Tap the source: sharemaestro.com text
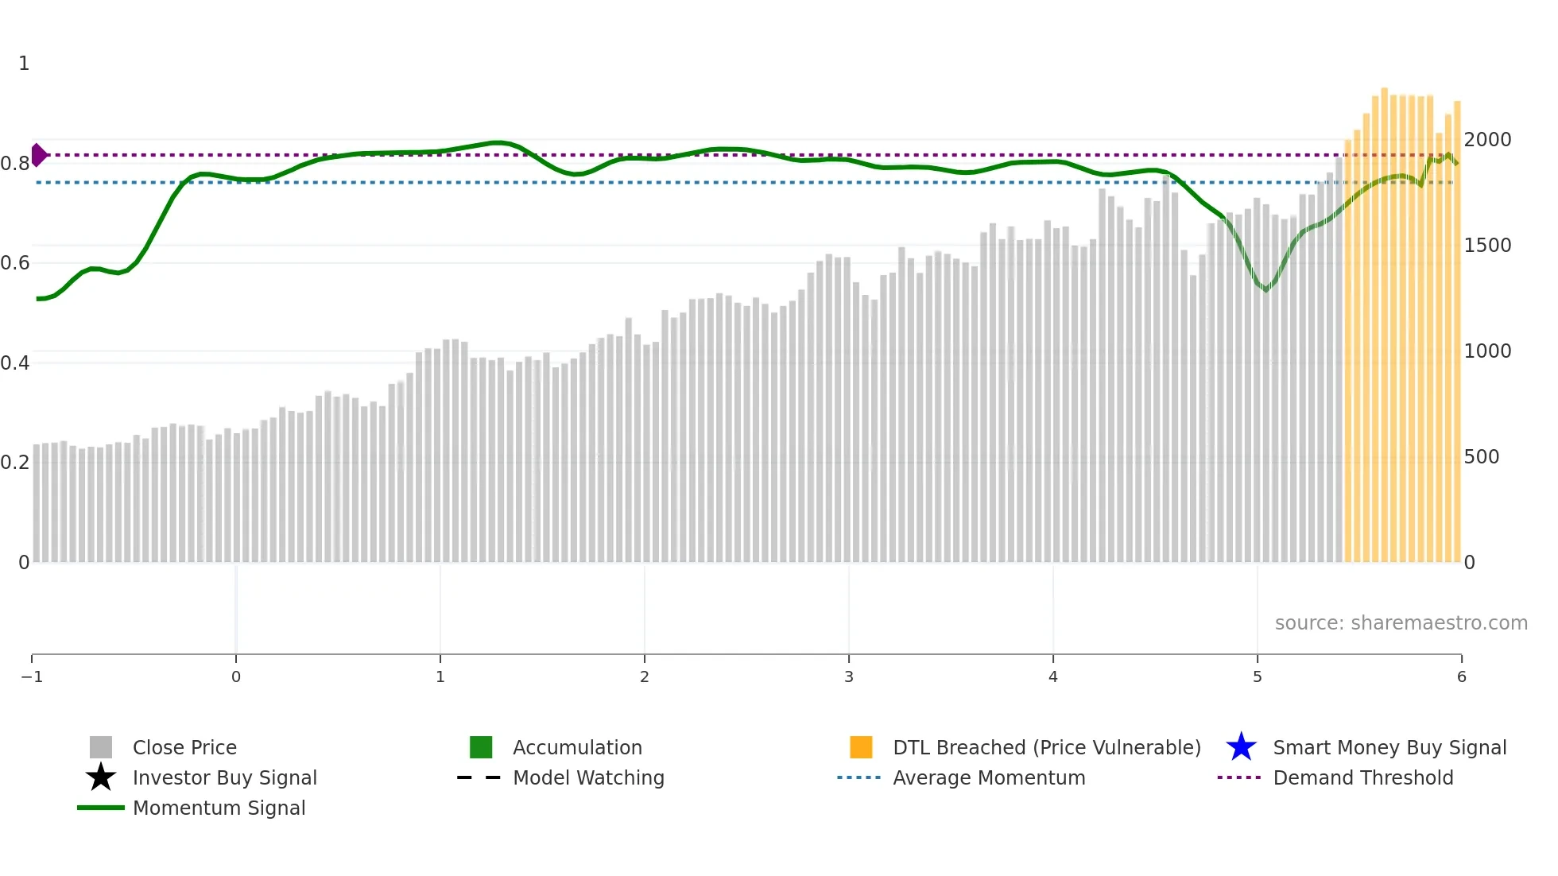[1401, 623]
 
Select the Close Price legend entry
[184, 748]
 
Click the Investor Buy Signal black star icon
[101, 777]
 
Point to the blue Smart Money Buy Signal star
[1241, 747]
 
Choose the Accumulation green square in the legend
[481, 747]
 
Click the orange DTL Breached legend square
[861, 747]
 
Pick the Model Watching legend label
[588, 778]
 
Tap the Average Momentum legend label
[989, 778]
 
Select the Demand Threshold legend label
[1362, 778]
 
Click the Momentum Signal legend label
[219, 808]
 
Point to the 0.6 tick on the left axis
[15, 263]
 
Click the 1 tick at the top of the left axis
[24, 64]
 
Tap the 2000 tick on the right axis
[1487, 140]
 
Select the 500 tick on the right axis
[1481, 457]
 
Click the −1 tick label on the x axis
[32, 677]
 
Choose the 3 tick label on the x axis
[849, 677]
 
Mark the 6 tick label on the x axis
[1461, 677]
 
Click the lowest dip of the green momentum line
[1266, 290]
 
